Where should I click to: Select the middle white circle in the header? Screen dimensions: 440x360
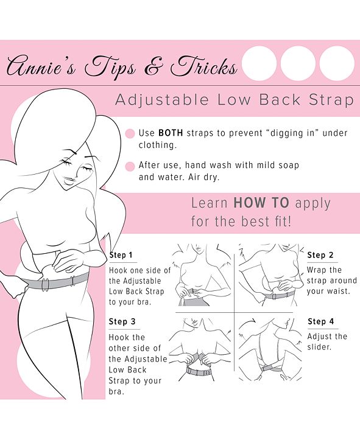coord(298,63)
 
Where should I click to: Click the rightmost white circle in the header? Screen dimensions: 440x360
coord(337,63)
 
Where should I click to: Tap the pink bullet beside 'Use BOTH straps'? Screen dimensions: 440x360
coord(129,133)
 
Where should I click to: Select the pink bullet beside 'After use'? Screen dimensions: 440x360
coord(129,166)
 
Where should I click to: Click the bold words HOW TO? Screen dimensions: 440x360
coord(261,203)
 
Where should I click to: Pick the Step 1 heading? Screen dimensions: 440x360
coord(121,255)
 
